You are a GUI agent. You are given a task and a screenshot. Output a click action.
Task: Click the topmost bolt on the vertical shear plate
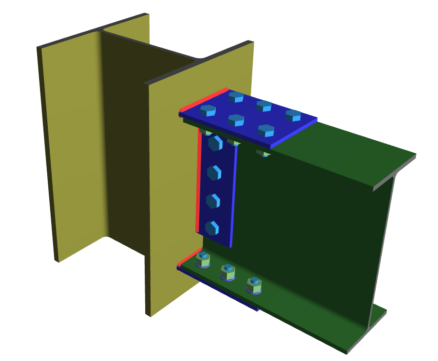[215, 143]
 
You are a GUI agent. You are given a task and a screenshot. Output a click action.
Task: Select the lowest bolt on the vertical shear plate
[212, 227]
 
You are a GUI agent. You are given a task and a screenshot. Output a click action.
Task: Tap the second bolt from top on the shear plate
[214, 172]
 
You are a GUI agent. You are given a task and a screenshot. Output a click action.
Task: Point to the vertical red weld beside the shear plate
[198, 183]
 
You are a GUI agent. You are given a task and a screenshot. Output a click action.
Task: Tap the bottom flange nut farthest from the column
[254, 285]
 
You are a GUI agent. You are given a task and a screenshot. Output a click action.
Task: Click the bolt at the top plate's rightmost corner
[293, 115]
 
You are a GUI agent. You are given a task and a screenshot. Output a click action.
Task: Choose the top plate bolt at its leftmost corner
[208, 110]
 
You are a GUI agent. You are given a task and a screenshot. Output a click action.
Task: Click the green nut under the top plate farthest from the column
[263, 153]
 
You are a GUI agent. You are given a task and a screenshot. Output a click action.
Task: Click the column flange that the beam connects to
[164, 193]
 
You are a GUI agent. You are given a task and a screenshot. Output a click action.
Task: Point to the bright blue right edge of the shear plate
[234, 193]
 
